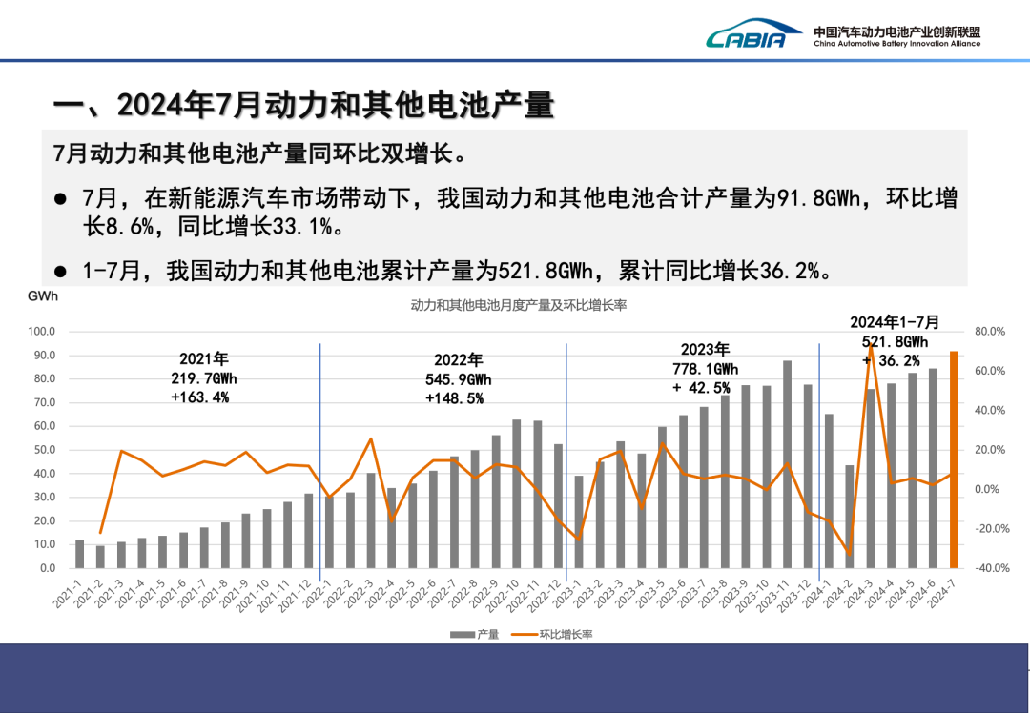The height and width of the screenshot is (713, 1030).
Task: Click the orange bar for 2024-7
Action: pos(954,459)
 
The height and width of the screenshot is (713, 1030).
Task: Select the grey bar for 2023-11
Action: pos(788,464)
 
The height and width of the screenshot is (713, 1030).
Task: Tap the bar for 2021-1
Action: pos(79,554)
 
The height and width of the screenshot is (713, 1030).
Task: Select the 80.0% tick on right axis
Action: pos(991,332)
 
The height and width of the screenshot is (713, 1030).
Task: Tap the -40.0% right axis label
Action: pos(989,568)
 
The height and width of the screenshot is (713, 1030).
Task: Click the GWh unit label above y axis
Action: pos(43,296)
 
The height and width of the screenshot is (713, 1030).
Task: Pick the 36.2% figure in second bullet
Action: pos(791,271)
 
